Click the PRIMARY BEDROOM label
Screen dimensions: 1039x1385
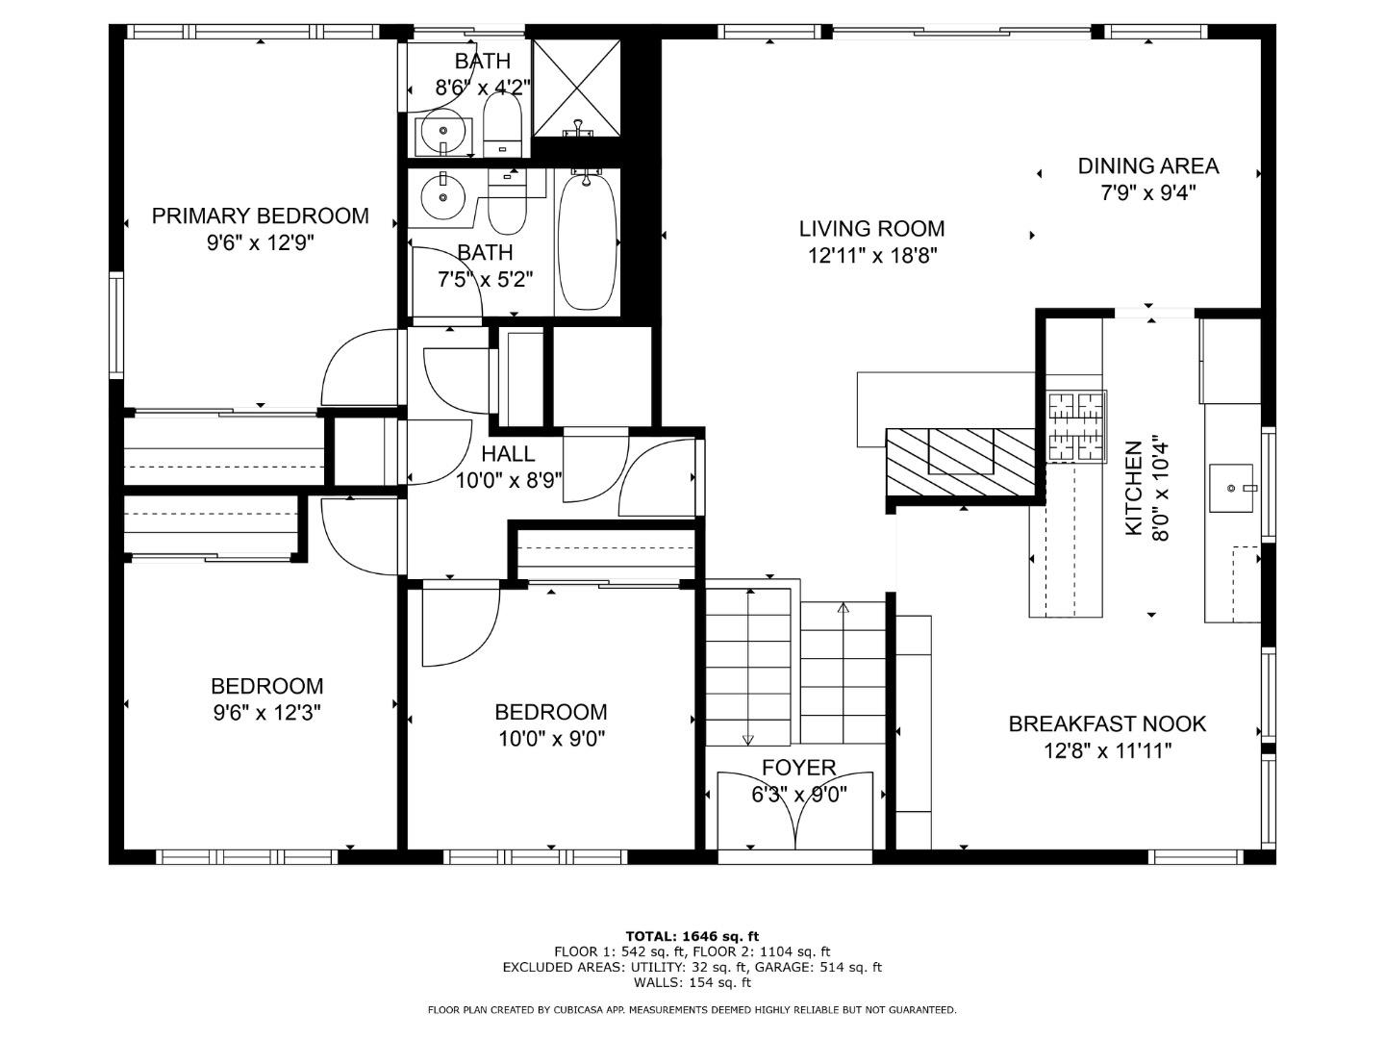coord(260,215)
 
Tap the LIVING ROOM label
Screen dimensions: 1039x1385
coord(871,229)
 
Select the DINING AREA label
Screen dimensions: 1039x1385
coord(1147,165)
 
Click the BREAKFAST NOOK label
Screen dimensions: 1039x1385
coord(1107,723)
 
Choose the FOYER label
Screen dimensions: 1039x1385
coord(798,768)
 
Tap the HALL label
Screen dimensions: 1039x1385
coord(508,454)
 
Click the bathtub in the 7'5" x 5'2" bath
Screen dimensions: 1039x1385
coord(587,241)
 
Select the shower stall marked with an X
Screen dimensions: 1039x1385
coord(576,87)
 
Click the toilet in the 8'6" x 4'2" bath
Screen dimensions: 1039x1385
coord(501,128)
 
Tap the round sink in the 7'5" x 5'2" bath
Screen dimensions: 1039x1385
coord(442,195)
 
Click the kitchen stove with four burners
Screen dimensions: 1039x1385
coord(1075,425)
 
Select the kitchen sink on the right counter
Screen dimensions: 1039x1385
coord(1231,488)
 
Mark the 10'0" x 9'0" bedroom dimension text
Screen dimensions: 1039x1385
coord(550,739)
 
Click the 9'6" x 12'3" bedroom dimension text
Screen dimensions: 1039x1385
coord(265,713)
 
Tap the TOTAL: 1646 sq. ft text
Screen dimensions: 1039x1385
coord(692,935)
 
